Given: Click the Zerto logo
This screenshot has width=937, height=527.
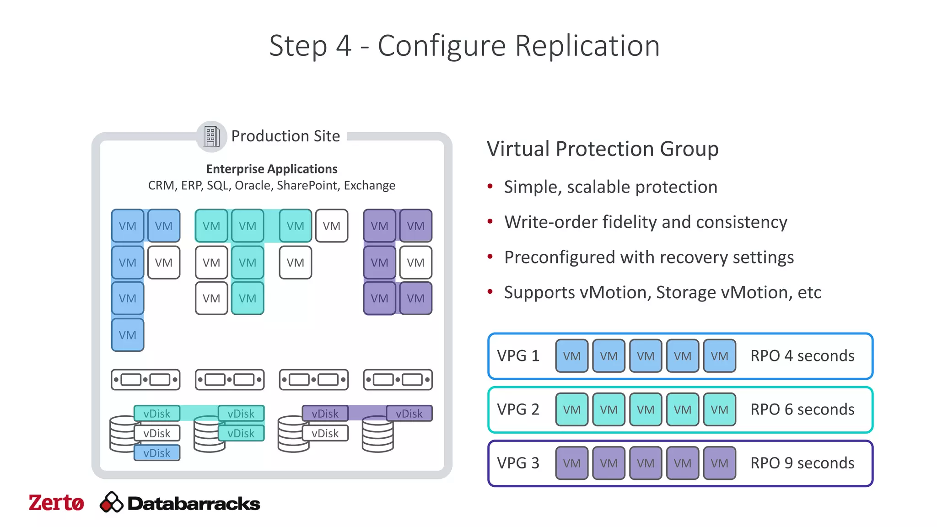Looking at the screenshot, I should pos(56,503).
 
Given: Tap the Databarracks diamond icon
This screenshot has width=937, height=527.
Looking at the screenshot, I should pos(111,503).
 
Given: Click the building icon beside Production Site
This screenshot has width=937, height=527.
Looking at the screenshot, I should pos(211,136).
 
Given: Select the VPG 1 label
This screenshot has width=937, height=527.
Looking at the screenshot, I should pos(518,356).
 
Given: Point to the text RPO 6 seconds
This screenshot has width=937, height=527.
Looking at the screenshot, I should pos(802,409).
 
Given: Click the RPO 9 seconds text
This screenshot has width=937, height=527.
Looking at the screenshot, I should pos(802,463).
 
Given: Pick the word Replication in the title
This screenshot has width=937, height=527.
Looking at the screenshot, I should pos(587,46).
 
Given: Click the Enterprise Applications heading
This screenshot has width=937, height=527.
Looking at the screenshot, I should pos(272,169).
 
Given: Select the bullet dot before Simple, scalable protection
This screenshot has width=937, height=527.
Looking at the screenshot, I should pos(490,186).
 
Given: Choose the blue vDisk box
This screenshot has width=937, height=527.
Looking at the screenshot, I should pos(157,453).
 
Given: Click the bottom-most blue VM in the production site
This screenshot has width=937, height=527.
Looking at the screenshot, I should pos(128,335).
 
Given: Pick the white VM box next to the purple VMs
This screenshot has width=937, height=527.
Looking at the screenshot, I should pos(415,263).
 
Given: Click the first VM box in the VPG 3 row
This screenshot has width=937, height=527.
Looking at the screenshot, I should pos(571,463).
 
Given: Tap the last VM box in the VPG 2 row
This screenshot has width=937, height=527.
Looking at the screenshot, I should pos(719,409).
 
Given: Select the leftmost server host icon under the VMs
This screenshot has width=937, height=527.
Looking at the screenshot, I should pos(145,380).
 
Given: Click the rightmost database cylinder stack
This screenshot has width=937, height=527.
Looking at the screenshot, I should pos(377,435).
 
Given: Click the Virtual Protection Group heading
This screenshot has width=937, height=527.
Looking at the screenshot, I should pos(603,149).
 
